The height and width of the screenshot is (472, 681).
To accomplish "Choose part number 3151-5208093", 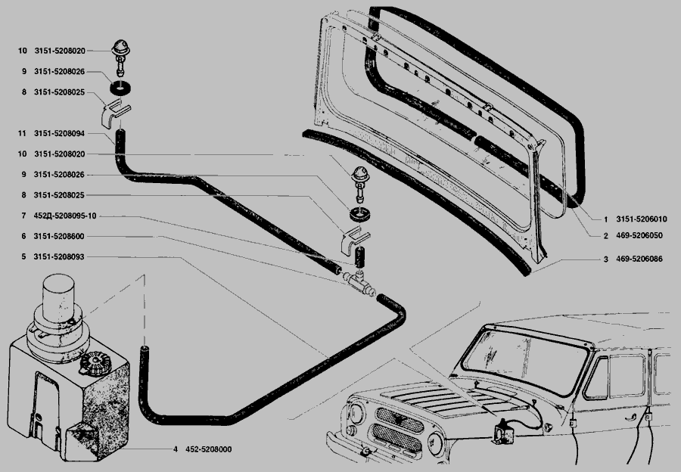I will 59,257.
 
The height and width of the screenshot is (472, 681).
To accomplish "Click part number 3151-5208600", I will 59,237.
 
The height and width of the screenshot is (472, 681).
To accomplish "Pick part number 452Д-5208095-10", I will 65,216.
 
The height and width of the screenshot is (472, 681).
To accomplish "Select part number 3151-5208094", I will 59,133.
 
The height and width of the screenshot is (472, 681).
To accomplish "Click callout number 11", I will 23,133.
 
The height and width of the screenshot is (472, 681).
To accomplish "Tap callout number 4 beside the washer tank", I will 175,449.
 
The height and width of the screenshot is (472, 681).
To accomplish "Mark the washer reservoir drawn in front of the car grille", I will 501,431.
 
